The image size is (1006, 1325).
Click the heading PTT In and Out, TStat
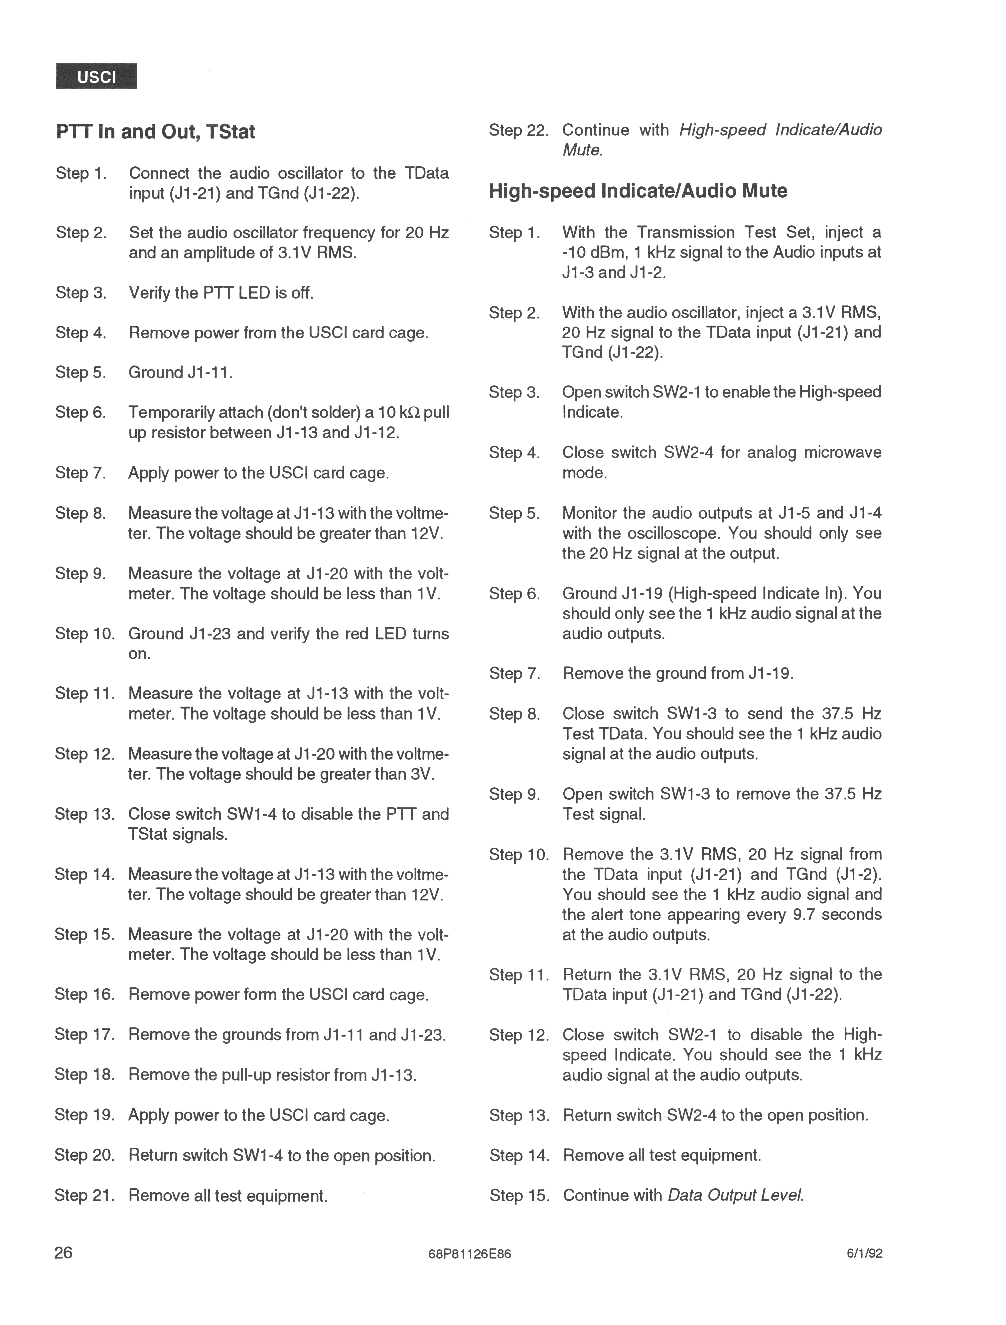[156, 131]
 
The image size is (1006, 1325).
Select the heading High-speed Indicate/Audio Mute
[638, 191]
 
